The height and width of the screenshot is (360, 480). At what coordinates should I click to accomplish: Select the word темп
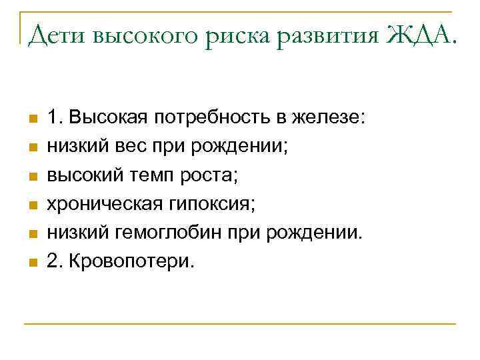click(145, 175)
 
